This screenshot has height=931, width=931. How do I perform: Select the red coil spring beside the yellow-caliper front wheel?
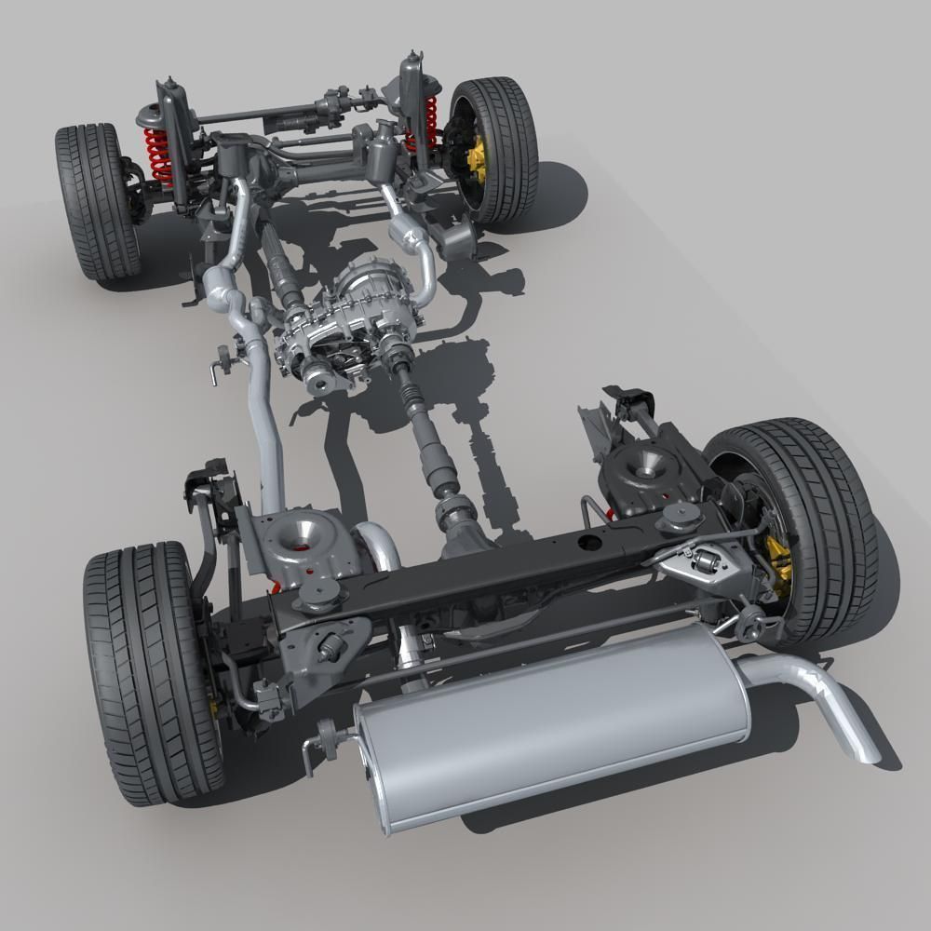tap(430, 121)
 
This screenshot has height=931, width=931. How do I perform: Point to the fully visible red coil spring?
tap(158, 155)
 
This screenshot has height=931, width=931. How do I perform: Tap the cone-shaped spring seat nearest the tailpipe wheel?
tap(641, 465)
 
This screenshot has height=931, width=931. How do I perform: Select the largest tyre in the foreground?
tap(149, 670)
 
